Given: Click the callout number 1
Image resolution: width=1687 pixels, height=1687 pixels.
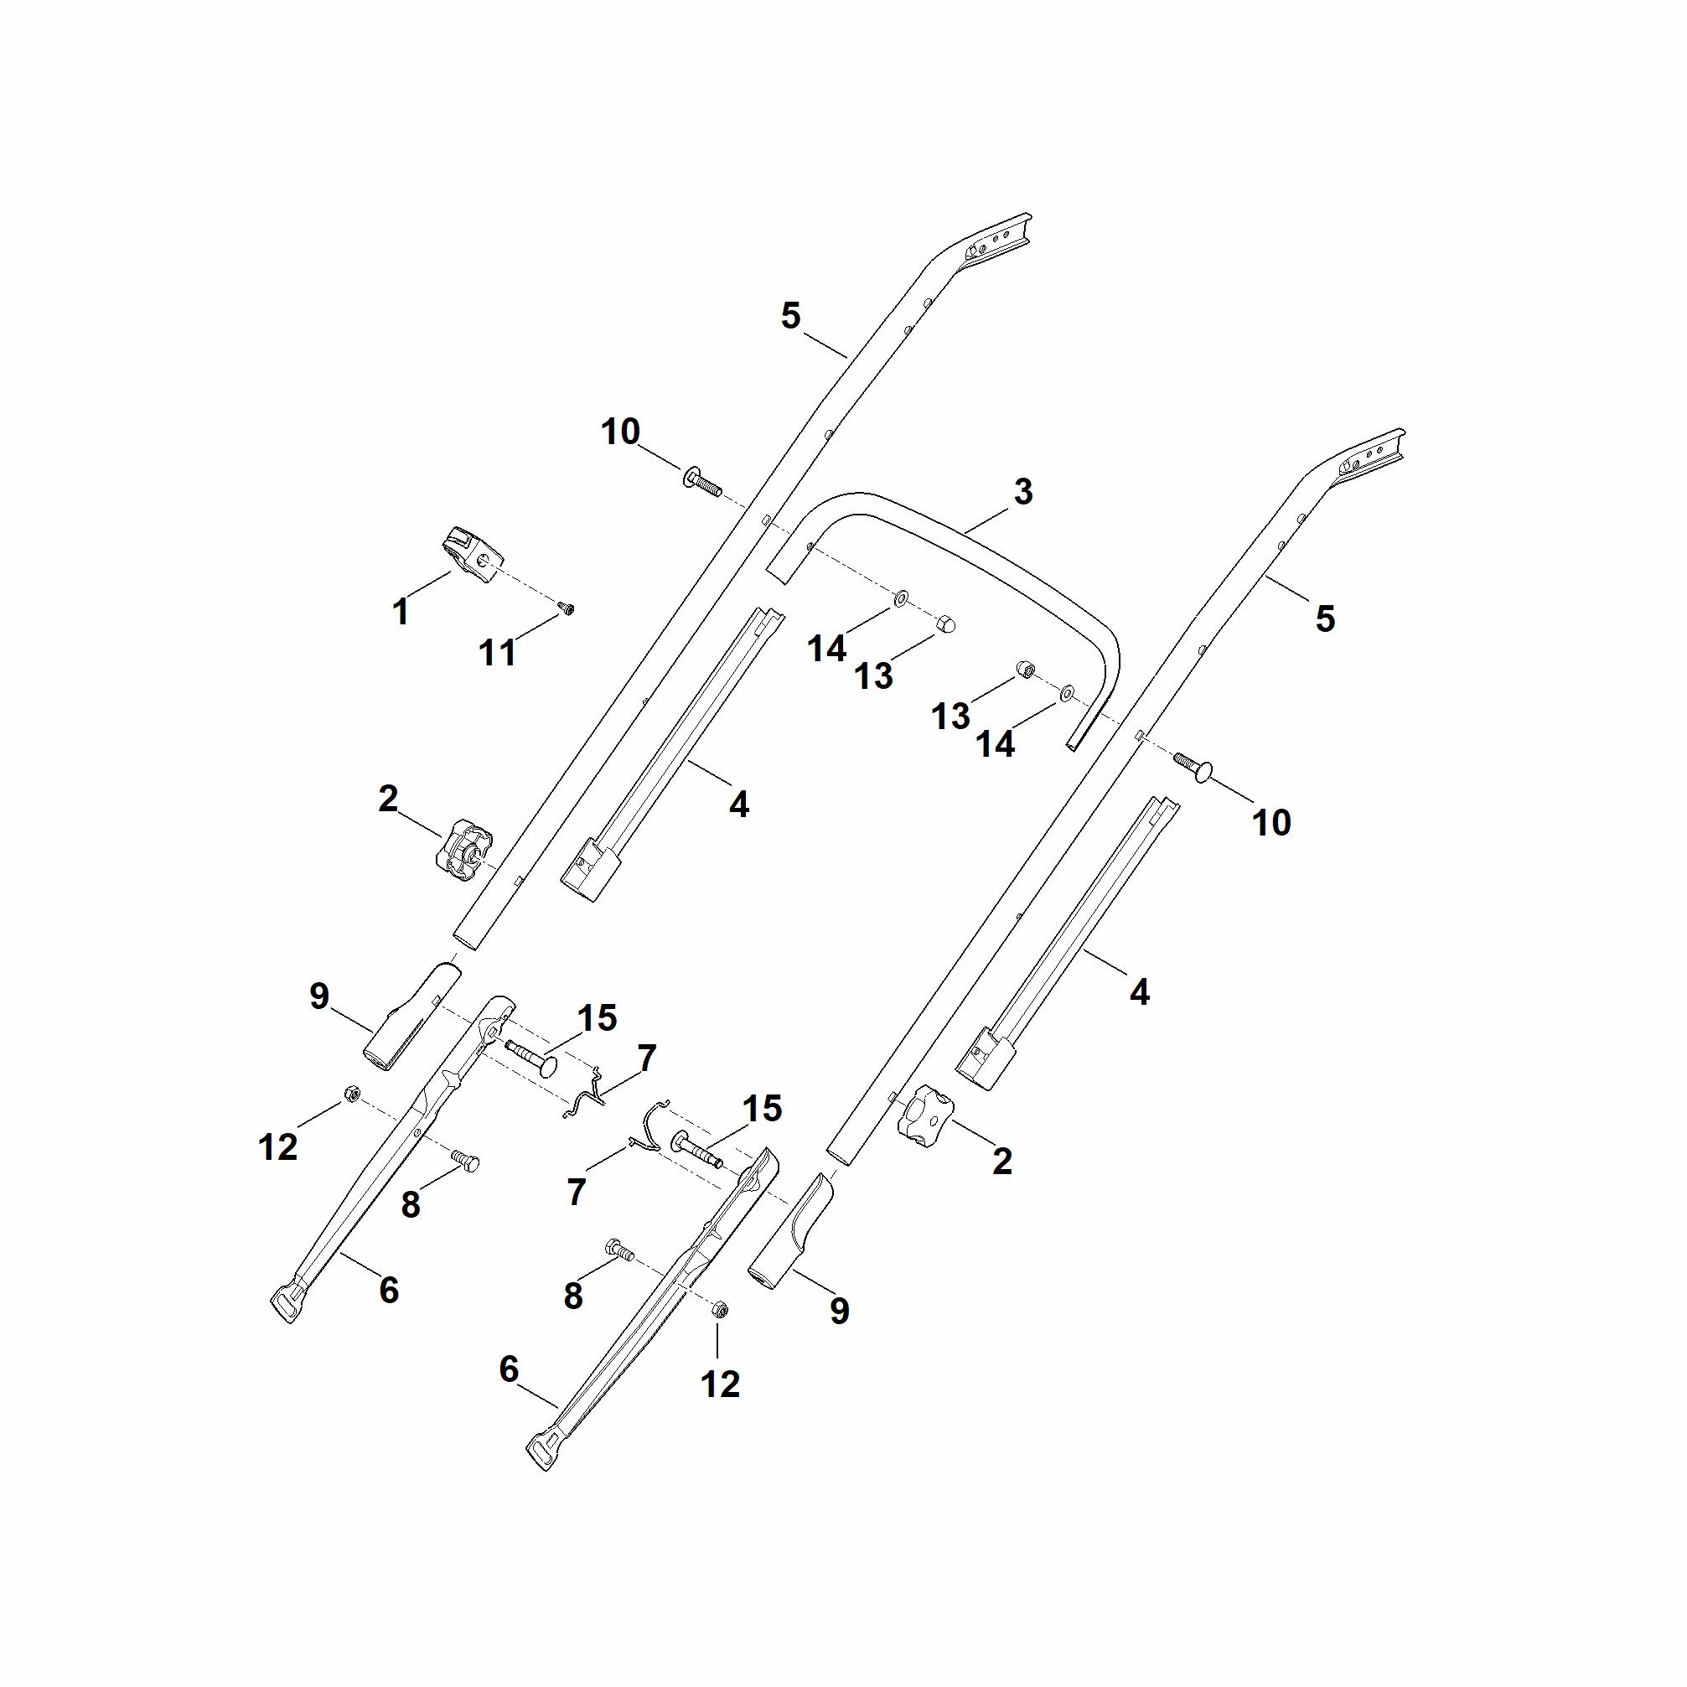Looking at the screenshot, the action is point(401,612).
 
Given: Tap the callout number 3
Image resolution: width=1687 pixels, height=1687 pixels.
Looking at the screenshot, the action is point(1023,492).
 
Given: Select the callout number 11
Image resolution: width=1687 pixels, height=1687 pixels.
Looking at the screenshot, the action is point(498,652).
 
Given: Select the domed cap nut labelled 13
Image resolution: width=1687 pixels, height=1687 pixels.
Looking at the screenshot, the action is point(944,625).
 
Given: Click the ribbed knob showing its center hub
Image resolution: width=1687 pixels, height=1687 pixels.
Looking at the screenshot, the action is point(463,848).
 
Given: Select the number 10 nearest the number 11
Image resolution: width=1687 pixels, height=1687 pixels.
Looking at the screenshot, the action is point(621,432).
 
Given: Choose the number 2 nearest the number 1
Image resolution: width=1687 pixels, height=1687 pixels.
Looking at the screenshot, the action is point(389,799).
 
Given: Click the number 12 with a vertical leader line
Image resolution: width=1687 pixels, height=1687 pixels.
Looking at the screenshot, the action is point(721,1383).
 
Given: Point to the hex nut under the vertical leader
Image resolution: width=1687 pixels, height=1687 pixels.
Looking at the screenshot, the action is point(720,1308).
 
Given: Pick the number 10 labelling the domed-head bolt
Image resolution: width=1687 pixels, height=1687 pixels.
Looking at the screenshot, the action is point(1271,822).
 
